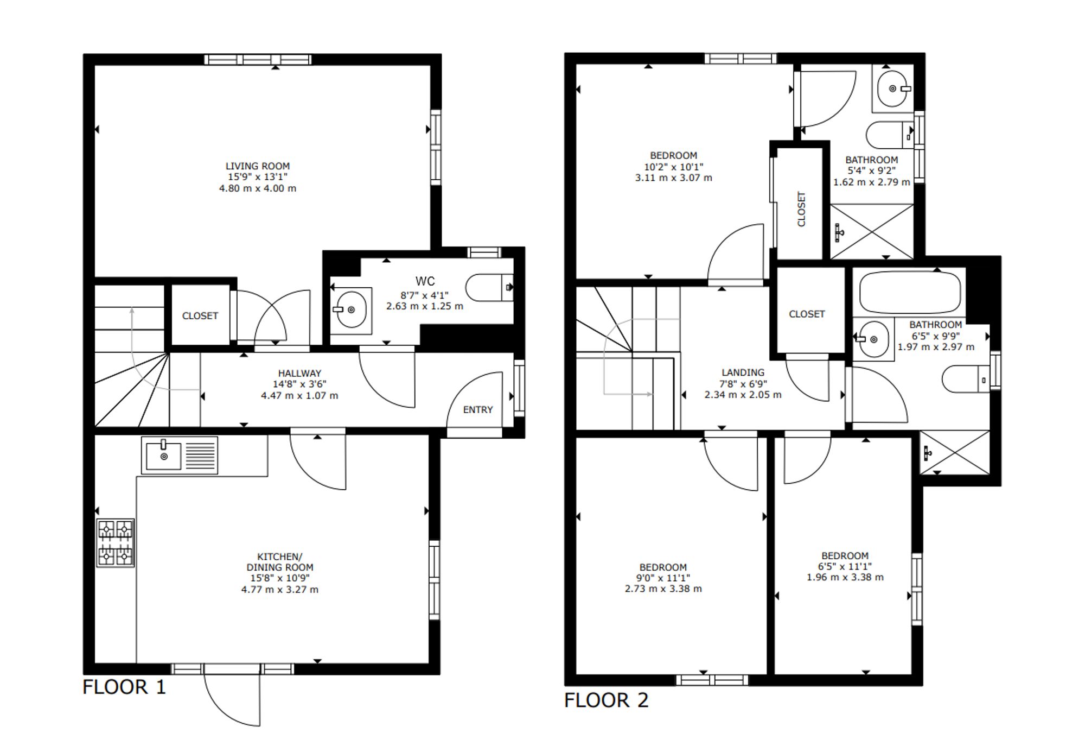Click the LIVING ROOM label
pos(258,166)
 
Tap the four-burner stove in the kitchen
pos(116,543)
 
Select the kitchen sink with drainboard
pos(180,455)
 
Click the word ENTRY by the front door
pos(478,410)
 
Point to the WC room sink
pos(351,309)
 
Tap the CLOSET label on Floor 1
pos(200,316)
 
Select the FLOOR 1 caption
pos(124,687)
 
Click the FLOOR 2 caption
pos(607,700)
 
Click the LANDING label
pos(743,372)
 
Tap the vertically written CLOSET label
pos(802,209)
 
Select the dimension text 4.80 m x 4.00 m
pos(258,188)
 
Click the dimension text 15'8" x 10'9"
pos(280,578)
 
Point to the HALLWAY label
pos(299,374)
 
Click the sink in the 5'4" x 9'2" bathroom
pos(893,89)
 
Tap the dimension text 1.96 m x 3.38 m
pos(845,577)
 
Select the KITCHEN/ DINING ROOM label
pos(280,562)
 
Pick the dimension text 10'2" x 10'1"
pos(674,167)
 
